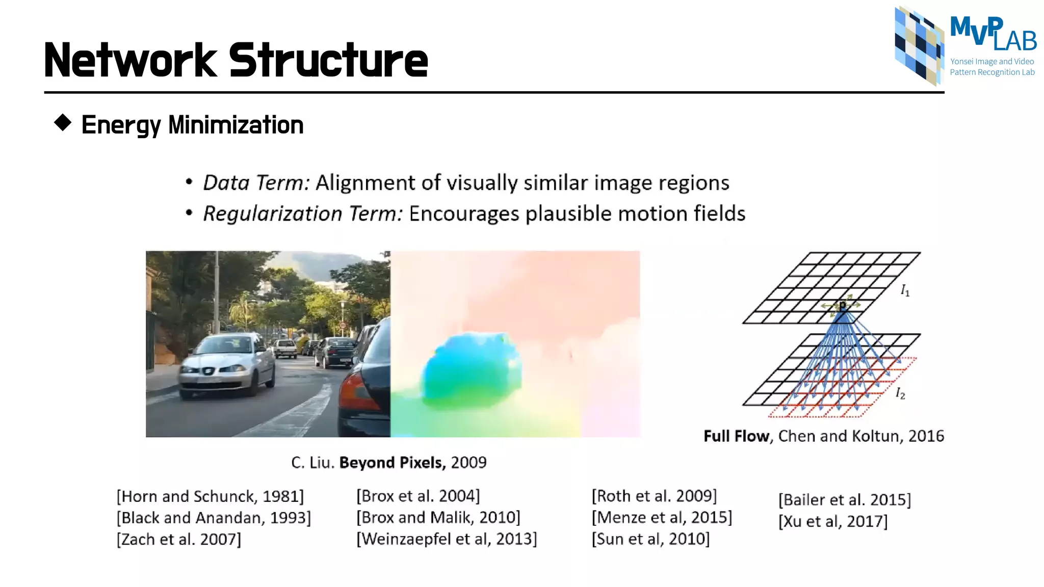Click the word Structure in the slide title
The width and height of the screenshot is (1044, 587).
pyautogui.click(x=328, y=61)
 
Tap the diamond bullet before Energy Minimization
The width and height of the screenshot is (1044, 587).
pyautogui.click(x=63, y=123)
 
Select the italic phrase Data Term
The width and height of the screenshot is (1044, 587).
pyautogui.click(x=256, y=183)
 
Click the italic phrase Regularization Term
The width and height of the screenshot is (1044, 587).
pyautogui.click(x=303, y=214)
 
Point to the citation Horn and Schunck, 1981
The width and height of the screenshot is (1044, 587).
pyautogui.click(x=210, y=496)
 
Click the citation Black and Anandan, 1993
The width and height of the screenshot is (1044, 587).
pyautogui.click(x=214, y=518)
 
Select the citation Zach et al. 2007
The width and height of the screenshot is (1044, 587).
pyautogui.click(x=179, y=539)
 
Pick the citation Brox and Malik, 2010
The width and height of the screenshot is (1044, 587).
pyautogui.click(x=438, y=517)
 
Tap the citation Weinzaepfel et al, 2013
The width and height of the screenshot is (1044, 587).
pyautogui.click(x=447, y=539)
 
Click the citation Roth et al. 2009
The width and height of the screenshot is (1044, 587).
pyautogui.click(x=654, y=496)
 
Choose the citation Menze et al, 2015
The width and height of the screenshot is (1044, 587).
pyautogui.click(x=662, y=517)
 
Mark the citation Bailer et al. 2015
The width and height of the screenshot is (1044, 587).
pyautogui.click(x=844, y=499)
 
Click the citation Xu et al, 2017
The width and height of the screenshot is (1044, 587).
pyautogui.click(x=833, y=521)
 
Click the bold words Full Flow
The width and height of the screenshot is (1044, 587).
pyautogui.click(x=736, y=436)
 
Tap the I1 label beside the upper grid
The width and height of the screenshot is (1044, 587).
pyautogui.click(x=905, y=291)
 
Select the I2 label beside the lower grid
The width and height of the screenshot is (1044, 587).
pyautogui.click(x=900, y=393)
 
